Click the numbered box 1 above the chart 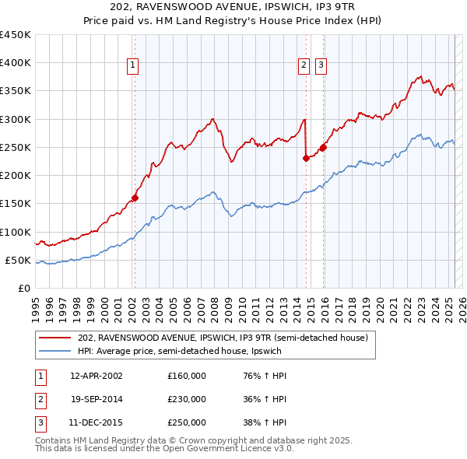[x=134, y=66]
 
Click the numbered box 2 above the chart [x=303, y=66]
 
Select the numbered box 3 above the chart [x=321, y=66]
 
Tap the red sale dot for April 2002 [x=135, y=198]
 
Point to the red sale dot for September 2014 [x=306, y=158]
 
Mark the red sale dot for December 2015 [x=323, y=147]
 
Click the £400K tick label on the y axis [x=16, y=63]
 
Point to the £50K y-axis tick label [x=19, y=260]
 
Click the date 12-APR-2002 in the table [x=97, y=376]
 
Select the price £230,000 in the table [x=187, y=399]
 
